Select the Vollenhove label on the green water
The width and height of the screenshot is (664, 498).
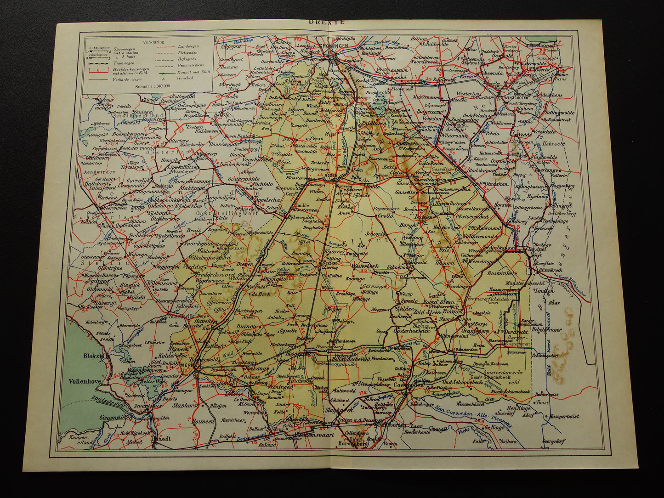click(x=85, y=381)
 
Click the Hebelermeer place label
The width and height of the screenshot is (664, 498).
click(x=546, y=329)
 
